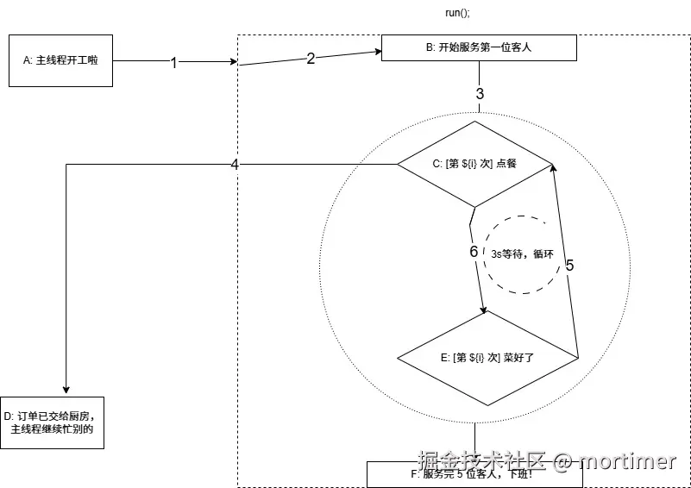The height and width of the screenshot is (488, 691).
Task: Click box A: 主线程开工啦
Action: (x=60, y=60)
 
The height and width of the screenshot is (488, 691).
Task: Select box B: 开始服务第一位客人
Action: (x=479, y=47)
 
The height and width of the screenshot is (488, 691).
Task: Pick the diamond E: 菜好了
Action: (x=487, y=356)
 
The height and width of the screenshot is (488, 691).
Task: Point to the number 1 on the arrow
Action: (x=173, y=63)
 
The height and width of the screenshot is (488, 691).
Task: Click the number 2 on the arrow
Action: (x=311, y=59)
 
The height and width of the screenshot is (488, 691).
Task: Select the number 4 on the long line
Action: (x=235, y=165)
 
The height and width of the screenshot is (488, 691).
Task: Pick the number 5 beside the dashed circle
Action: (x=569, y=265)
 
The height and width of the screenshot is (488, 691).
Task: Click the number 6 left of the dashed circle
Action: (x=473, y=252)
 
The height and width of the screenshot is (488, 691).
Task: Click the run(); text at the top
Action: (x=457, y=13)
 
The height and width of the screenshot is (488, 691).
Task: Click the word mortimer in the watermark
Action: (x=628, y=461)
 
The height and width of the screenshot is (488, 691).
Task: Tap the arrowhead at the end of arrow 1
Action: (x=233, y=62)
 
